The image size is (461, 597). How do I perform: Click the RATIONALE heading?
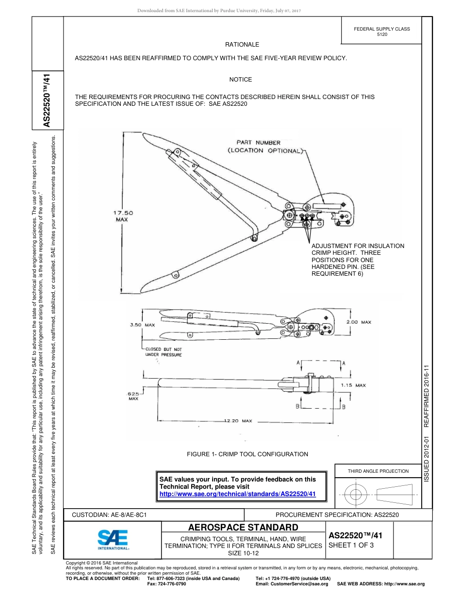pos(242,45)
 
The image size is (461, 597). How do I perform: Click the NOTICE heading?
pos(240,80)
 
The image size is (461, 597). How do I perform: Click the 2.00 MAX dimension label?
pos(359,322)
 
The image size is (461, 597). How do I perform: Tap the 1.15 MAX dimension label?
pos(353,385)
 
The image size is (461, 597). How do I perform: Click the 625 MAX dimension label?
pos(133,396)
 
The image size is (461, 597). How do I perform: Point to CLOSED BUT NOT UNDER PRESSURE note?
pos(163,352)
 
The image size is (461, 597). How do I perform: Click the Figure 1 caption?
pos(247,454)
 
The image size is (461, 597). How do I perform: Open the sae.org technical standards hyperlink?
pos(238,494)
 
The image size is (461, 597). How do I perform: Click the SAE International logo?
pos(113,539)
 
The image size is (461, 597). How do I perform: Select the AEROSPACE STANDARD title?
pos(243,528)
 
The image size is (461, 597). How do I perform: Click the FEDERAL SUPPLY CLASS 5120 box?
pos(381,32)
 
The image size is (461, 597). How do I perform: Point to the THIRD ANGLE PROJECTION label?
pos(378,471)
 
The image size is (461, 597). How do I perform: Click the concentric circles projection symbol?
pos(356,495)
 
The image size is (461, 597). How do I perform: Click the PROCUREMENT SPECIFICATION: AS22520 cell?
pos(337,514)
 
